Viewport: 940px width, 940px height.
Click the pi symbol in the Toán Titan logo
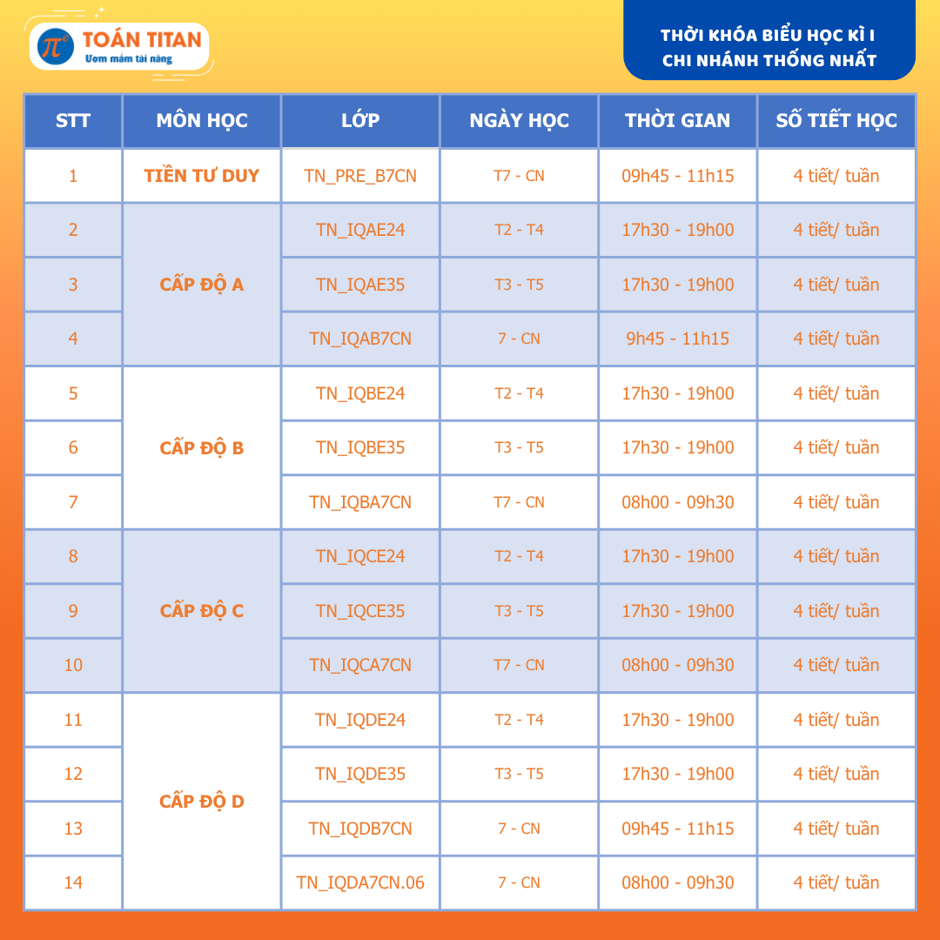pos(57,46)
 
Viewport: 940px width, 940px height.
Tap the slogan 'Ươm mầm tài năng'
pos(128,59)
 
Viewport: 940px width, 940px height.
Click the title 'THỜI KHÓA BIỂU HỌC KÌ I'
pos(768,35)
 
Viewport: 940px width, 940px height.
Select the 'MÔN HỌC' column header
pos(202,121)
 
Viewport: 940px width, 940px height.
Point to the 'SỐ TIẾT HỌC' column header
pos(836,121)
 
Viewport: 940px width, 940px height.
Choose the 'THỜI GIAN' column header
pos(677,121)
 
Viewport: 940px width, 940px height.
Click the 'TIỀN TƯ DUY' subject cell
pos(202,176)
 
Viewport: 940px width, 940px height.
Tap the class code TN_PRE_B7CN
pos(360,176)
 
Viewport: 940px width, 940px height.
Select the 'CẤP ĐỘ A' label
pos(202,285)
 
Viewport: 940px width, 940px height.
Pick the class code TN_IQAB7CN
pos(360,339)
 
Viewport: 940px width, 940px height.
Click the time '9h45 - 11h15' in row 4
pos(677,339)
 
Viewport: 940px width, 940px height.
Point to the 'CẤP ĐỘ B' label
pos(202,448)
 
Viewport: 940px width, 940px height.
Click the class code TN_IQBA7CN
pos(360,502)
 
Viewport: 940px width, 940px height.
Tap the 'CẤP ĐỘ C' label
pos(202,611)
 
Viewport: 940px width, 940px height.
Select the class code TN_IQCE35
pos(360,611)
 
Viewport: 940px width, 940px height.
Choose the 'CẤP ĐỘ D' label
pos(202,802)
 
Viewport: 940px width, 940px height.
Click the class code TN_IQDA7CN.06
pos(360,883)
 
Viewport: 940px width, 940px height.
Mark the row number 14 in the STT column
pos(73,883)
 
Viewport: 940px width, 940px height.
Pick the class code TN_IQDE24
pos(360,720)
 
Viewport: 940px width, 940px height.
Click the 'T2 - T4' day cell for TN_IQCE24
pos(519,556)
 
